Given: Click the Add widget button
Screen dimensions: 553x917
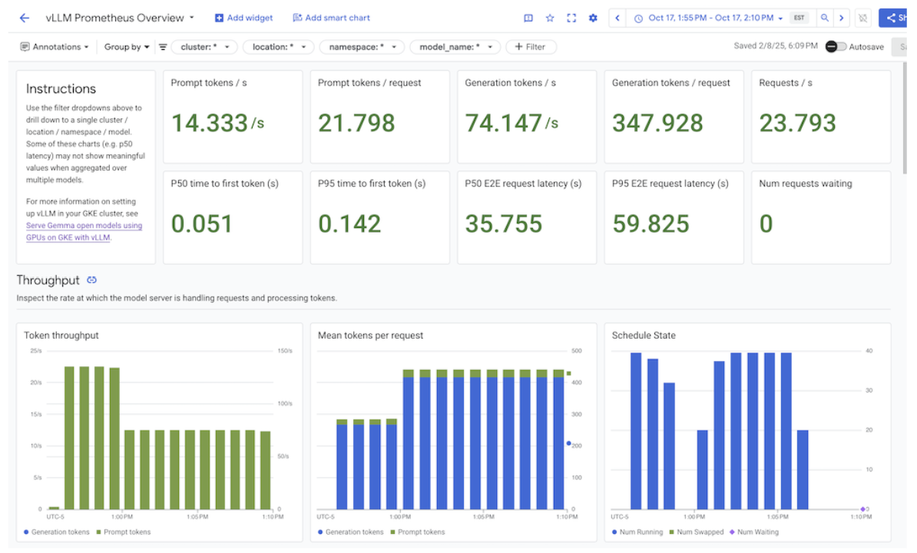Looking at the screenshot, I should [243, 18].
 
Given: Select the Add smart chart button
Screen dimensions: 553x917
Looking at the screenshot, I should [331, 18].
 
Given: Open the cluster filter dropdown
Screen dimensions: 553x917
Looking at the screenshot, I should [204, 47].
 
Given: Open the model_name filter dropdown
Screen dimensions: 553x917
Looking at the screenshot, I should [455, 47].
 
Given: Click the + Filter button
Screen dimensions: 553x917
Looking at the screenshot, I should [530, 47].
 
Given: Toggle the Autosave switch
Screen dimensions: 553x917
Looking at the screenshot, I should [836, 47].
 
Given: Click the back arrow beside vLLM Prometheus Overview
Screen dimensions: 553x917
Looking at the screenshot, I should [25, 18].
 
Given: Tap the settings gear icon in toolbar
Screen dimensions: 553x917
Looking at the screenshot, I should [593, 18].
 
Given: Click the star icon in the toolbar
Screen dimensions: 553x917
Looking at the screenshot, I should [550, 18].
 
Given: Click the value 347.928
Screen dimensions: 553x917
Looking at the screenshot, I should [657, 123].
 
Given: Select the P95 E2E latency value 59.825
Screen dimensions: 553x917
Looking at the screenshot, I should [651, 224].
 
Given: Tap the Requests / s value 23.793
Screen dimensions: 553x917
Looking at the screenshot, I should [796, 123].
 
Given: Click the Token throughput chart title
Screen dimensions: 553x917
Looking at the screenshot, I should [61, 335].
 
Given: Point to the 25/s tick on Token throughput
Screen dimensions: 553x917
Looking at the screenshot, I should [36, 351].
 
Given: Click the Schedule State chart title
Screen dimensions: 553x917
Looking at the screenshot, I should [644, 335].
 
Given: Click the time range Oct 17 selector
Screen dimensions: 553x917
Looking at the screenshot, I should [709, 18].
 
